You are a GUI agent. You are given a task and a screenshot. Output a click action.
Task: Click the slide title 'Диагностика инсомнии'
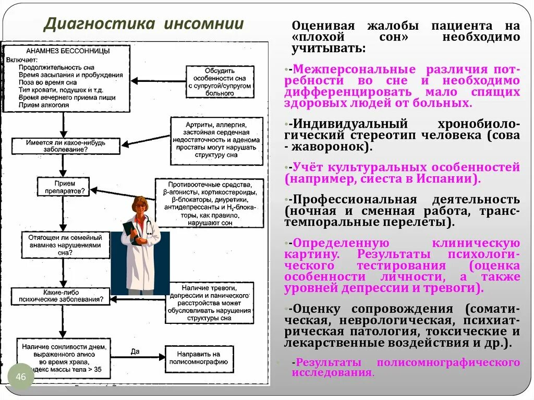tap(143, 25)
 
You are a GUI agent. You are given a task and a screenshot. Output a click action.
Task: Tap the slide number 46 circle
tap(21, 377)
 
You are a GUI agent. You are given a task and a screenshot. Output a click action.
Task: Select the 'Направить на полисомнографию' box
tap(199, 359)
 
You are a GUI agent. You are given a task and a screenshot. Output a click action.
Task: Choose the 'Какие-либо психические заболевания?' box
tap(60, 296)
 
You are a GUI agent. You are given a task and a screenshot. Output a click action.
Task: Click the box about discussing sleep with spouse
tap(220, 81)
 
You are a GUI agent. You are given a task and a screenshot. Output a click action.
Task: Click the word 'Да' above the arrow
tap(135, 351)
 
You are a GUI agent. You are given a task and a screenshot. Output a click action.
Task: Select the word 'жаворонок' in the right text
tap(332, 147)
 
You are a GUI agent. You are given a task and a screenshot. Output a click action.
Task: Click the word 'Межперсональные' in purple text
tap(356, 70)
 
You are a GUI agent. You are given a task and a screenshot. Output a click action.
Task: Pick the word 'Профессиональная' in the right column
tap(355, 200)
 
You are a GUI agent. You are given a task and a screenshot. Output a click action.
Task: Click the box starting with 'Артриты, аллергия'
tap(214, 140)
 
